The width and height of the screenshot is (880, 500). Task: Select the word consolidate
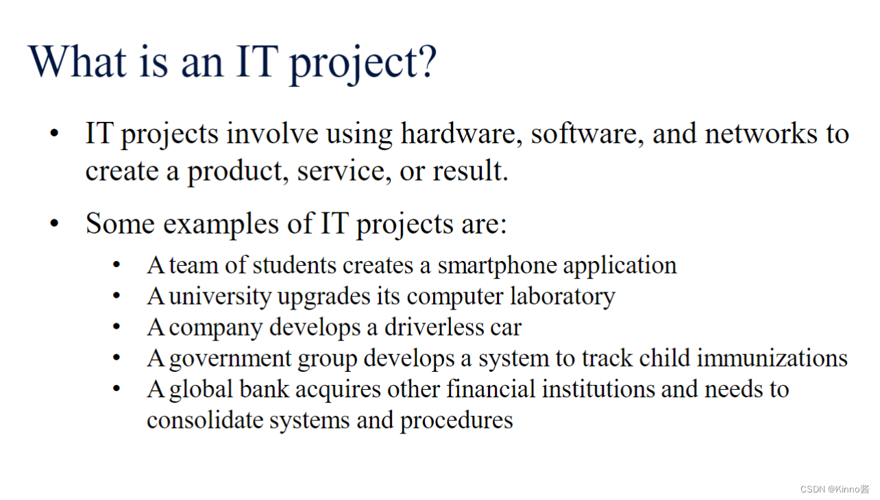[x=204, y=420]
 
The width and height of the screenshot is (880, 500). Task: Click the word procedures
[x=456, y=421]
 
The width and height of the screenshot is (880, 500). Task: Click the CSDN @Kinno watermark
[x=835, y=489]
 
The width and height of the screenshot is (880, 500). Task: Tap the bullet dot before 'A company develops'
[x=117, y=327]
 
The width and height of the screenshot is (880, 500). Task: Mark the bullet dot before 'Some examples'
[x=55, y=225]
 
